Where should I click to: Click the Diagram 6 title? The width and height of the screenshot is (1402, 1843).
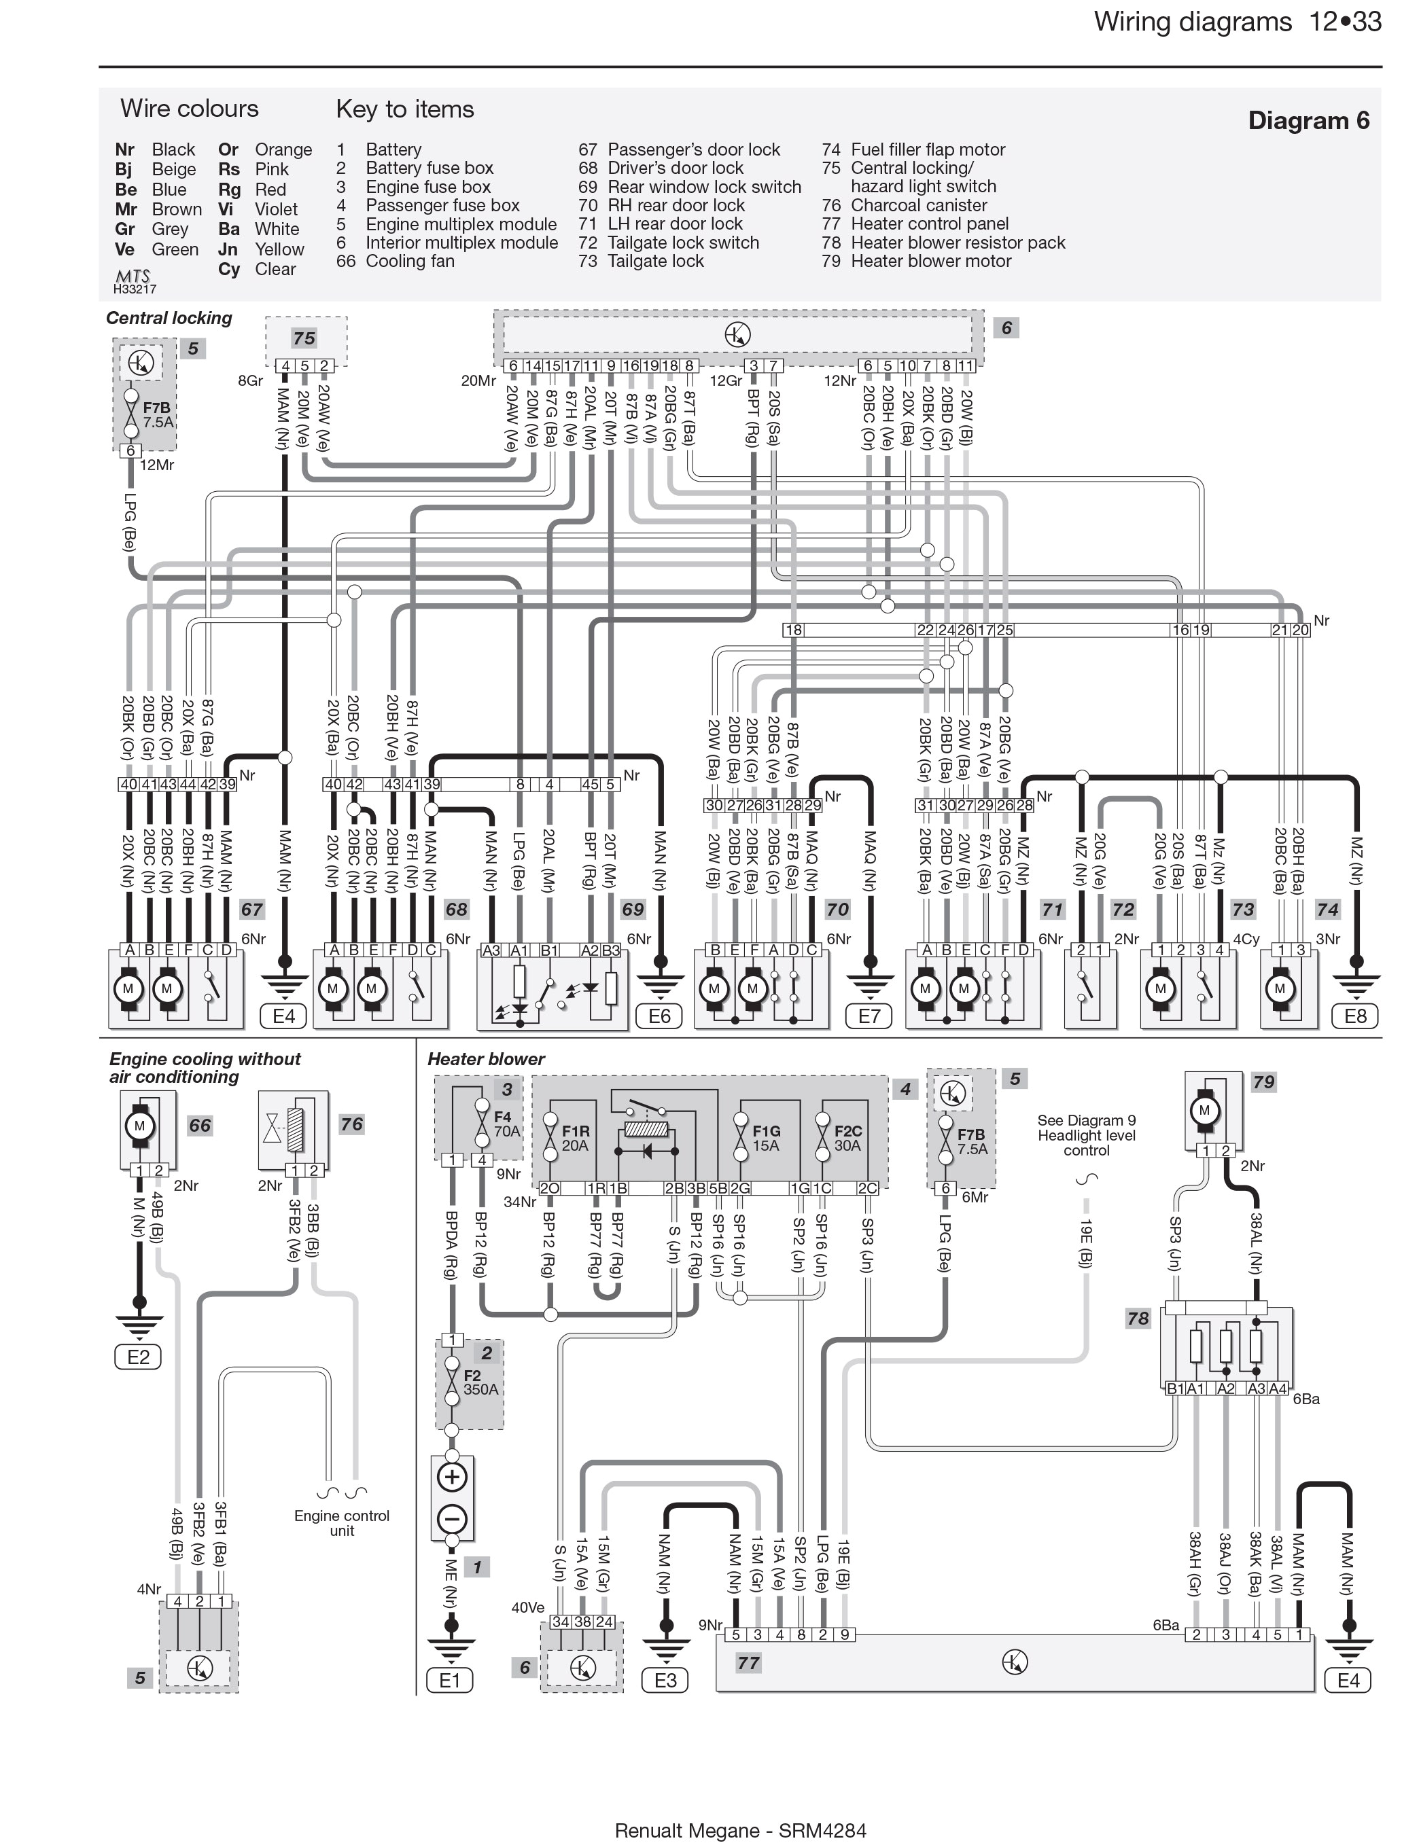pyautogui.click(x=1308, y=121)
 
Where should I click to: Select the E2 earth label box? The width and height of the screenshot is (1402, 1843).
pyautogui.click(x=138, y=1356)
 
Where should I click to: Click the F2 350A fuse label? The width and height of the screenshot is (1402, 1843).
pyautogui.click(x=480, y=1382)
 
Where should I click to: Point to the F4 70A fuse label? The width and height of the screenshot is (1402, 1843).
pyautogui.click(x=506, y=1124)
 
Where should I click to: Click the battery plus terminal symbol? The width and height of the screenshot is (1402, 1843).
pyautogui.click(x=451, y=1477)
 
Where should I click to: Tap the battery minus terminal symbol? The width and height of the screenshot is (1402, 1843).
pyautogui.click(x=451, y=1518)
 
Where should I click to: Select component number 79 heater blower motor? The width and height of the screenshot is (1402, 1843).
pyautogui.click(x=1263, y=1082)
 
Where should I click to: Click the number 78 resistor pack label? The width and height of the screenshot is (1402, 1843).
pyautogui.click(x=1138, y=1318)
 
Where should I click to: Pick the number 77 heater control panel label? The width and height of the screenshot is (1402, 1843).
pyautogui.click(x=748, y=1663)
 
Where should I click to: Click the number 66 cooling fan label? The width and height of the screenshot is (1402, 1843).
pyautogui.click(x=199, y=1125)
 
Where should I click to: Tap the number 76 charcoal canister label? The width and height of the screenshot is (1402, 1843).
pyautogui.click(x=351, y=1124)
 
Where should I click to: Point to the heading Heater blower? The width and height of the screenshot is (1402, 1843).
pyautogui.click(x=486, y=1059)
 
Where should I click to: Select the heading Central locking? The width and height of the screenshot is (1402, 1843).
pyautogui.click(x=169, y=318)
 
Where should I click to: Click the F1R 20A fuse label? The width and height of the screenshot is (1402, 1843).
pyautogui.click(x=575, y=1138)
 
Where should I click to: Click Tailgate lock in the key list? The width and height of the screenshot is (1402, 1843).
pyautogui.click(x=655, y=261)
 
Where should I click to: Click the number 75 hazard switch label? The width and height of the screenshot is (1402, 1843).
pyautogui.click(x=304, y=338)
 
